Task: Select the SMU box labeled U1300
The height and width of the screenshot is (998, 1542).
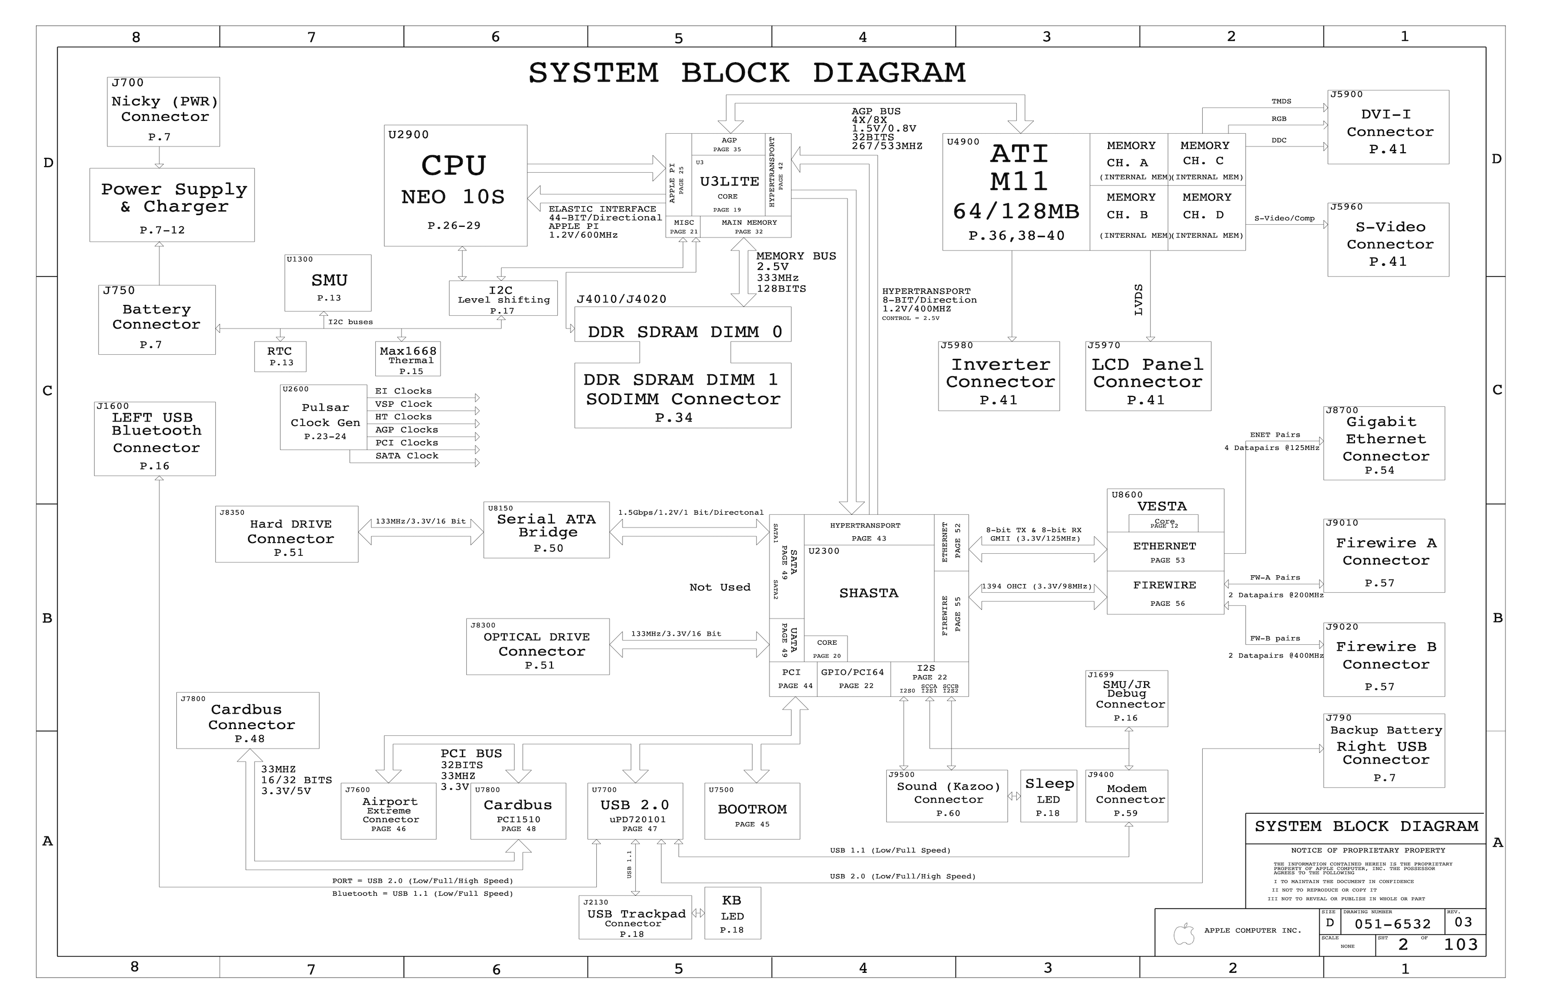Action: point(328,283)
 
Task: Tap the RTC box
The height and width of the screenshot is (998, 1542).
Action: point(280,356)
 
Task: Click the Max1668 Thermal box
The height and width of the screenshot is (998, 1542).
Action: point(408,359)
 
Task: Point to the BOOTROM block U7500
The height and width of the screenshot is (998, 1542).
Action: point(751,811)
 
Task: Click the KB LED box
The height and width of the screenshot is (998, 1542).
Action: point(732,913)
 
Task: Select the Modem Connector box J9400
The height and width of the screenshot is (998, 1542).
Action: point(1126,796)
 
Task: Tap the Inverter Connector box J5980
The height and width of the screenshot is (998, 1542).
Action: point(998,376)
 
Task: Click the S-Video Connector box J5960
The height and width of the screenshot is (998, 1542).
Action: point(1388,240)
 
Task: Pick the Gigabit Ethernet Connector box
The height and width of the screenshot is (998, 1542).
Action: point(1383,443)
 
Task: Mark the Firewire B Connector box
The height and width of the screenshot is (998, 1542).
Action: point(1383,660)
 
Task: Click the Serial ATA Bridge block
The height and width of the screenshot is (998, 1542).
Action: point(546,530)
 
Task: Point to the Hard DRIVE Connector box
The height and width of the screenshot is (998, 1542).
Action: point(286,534)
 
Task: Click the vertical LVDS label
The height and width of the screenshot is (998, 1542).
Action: point(1139,300)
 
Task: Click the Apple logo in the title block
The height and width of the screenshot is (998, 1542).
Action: point(1184,934)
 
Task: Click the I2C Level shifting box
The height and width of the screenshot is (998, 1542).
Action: point(503,298)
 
